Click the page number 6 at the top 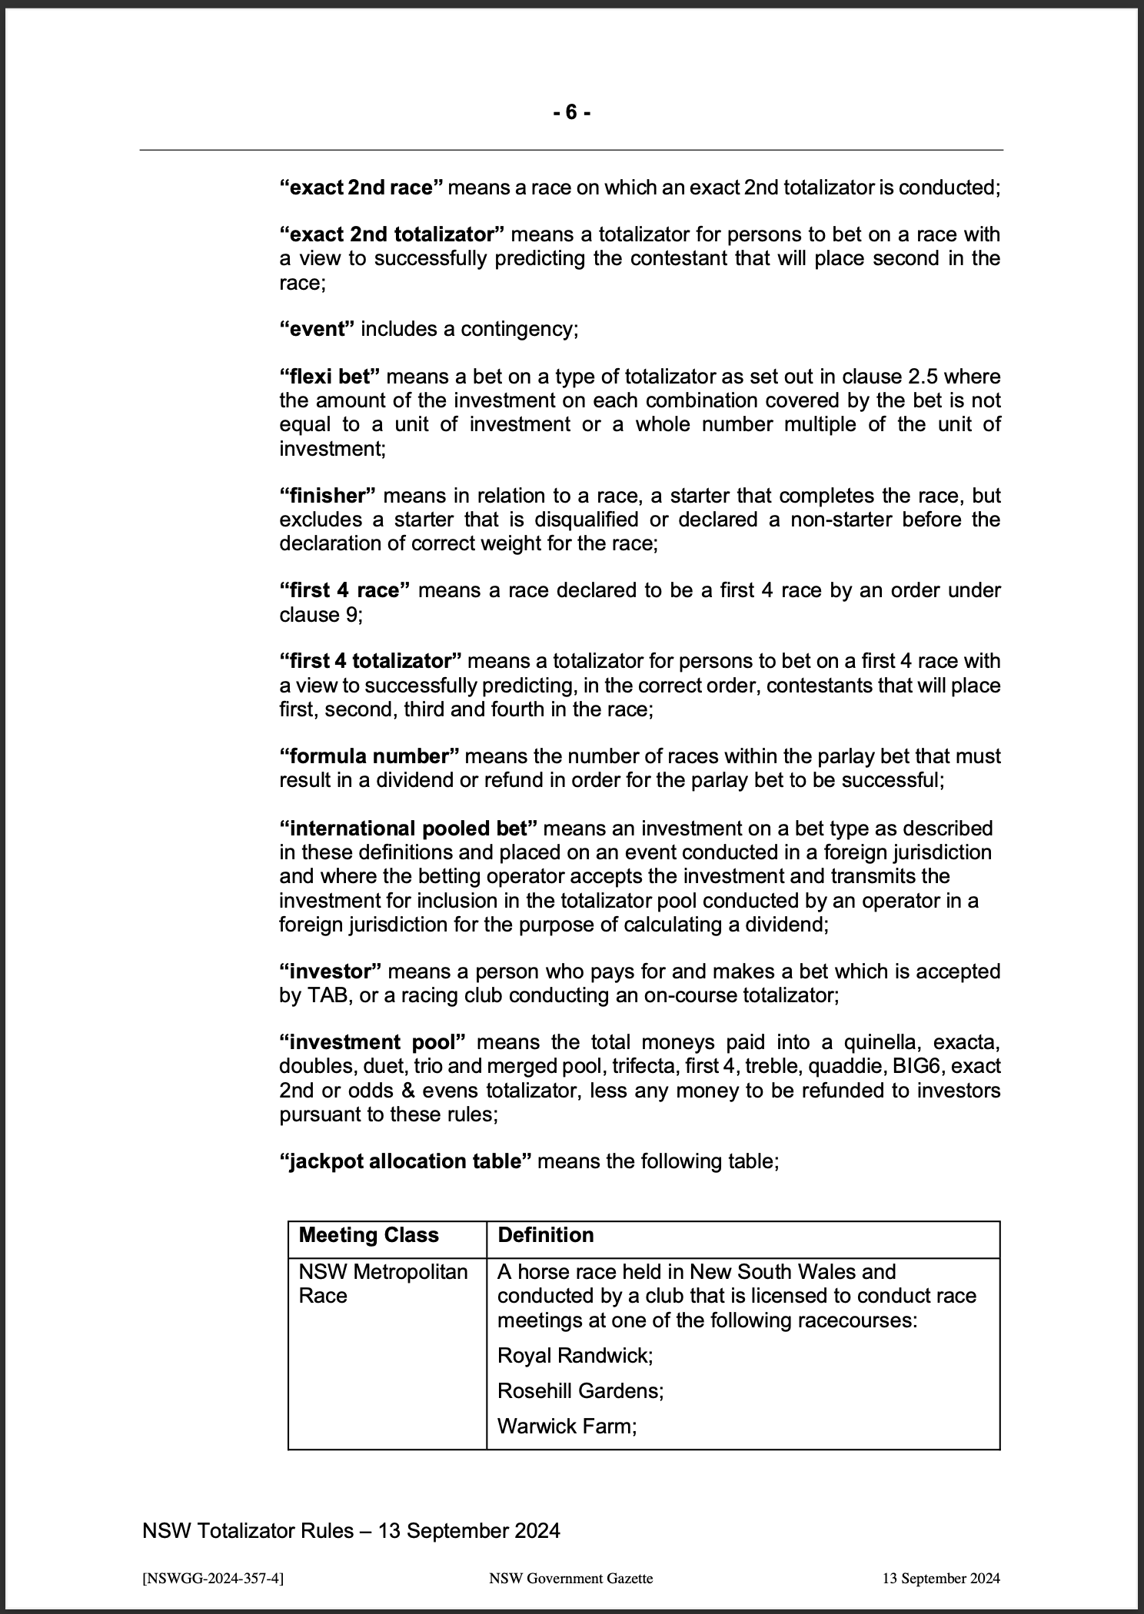click(x=571, y=113)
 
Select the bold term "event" click(x=317, y=330)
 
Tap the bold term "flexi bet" click(x=330, y=377)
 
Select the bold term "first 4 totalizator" click(x=370, y=662)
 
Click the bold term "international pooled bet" click(x=408, y=829)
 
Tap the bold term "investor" click(x=330, y=971)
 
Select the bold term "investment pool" click(x=372, y=1043)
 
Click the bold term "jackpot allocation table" click(x=405, y=1161)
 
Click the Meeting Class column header click(x=368, y=1235)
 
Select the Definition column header click(x=546, y=1235)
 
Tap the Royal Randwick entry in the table click(x=574, y=1355)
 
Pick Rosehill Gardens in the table click(x=580, y=1390)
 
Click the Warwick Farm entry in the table click(x=567, y=1426)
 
